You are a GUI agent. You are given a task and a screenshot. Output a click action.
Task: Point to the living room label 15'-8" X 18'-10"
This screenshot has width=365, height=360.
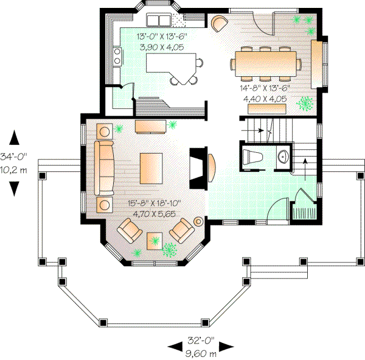[x=155, y=204]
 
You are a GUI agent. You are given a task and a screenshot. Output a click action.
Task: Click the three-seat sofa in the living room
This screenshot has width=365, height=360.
[x=103, y=166]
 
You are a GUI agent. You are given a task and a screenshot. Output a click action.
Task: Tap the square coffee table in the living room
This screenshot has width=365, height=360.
[x=151, y=168]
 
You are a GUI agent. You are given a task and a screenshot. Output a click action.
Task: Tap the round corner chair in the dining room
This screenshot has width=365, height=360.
[x=219, y=23]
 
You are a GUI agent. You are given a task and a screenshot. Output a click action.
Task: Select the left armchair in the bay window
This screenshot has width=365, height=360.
[x=130, y=230]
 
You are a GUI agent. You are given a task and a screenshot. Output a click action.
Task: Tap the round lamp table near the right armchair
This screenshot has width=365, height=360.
[x=199, y=221]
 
